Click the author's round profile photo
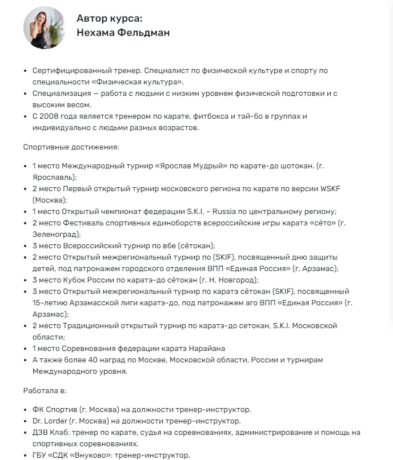[43, 27]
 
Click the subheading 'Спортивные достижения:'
[71, 147]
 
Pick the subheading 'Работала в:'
[45, 391]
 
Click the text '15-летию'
[49, 302]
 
